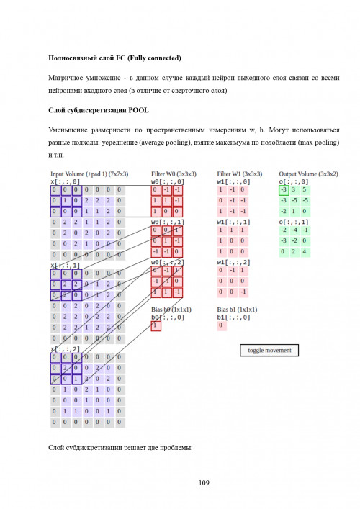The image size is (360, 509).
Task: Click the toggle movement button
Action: pyautogui.click(x=269, y=351)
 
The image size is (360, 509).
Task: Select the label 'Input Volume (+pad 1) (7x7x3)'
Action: pyautogui.click(x=89, y=174)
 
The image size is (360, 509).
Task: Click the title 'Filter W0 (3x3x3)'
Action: pyautogui.click(x=173, y=174)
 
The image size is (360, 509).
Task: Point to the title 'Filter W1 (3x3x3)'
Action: pyautogui.click(x=239, y=174)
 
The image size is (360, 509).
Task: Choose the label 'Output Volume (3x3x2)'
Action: pyautogui.click(x=308, y=174)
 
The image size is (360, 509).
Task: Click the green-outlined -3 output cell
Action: pyautogui.click(x=284, y=190)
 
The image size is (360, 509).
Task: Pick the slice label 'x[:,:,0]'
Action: pyautogui.click(x=66, y=182)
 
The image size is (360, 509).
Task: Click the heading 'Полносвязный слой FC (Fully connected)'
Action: pyautogui.click(x=114, y=58)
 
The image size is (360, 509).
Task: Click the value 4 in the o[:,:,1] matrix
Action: pyautogui.click(x=305, y=251)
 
